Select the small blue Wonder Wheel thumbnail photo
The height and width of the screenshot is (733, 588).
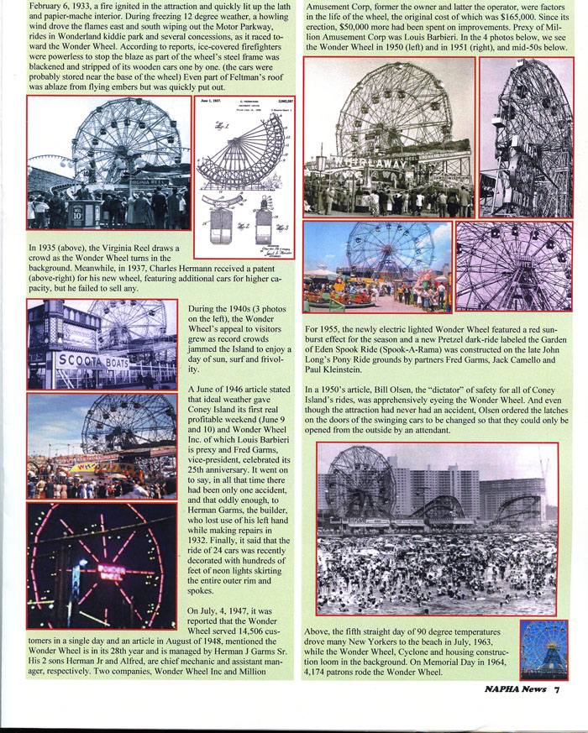point(543,648)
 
